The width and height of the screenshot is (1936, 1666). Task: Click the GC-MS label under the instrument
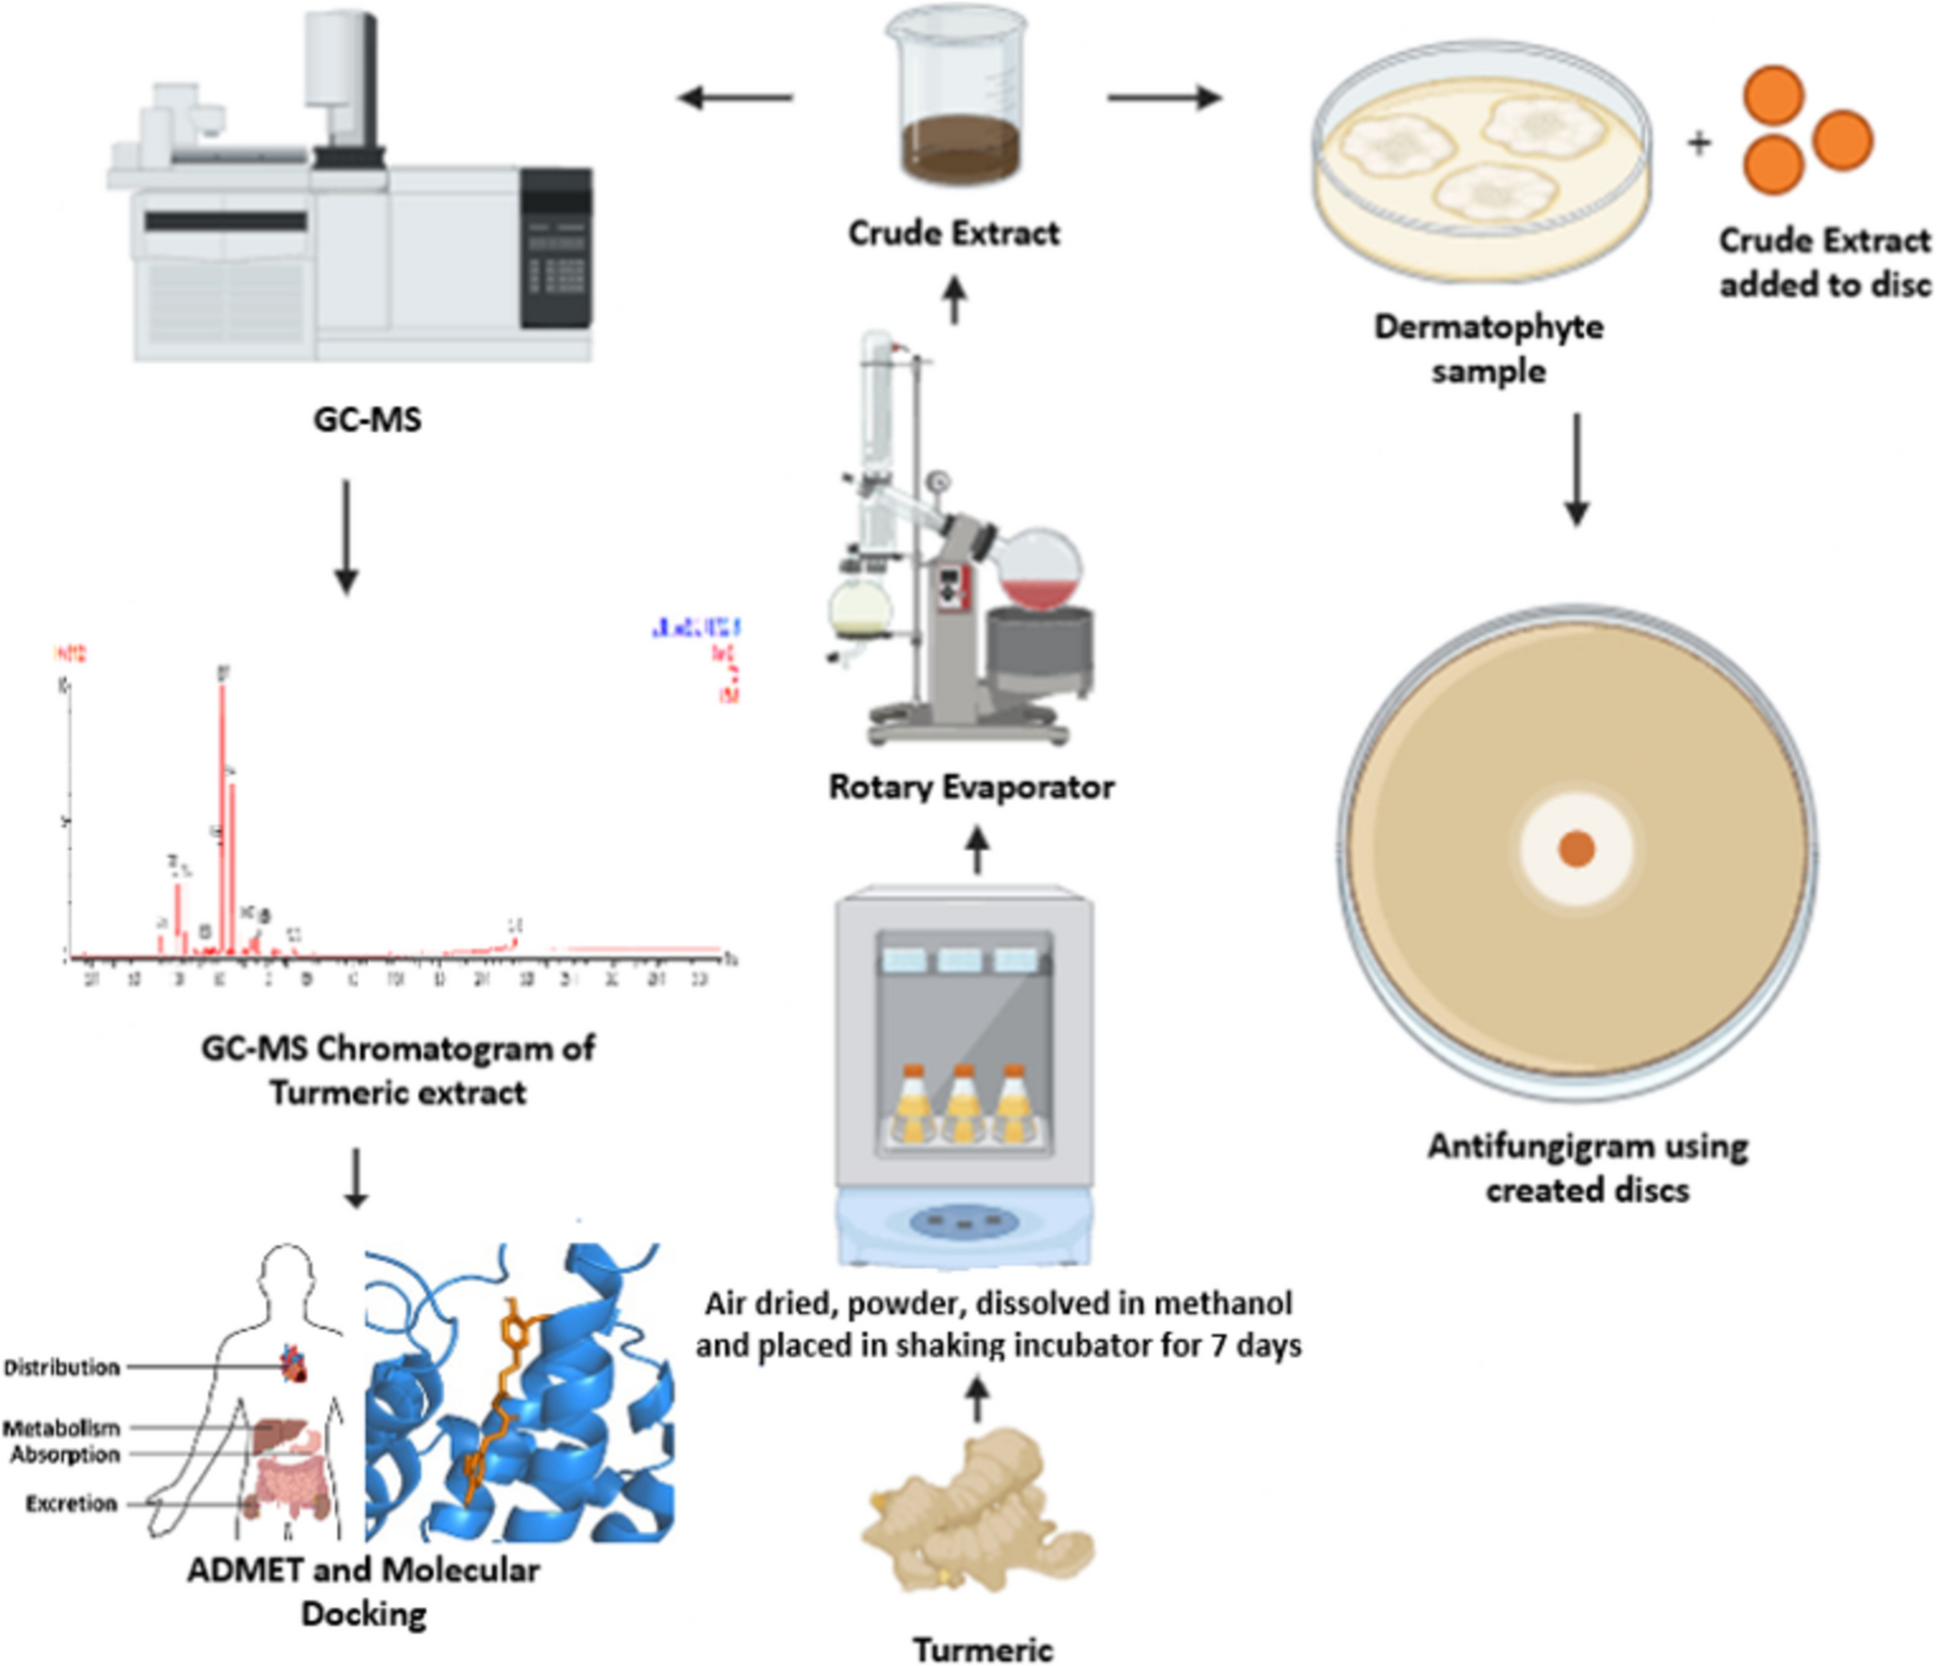coord(367,419)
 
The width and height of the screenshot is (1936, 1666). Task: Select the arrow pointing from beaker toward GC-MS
coord(734,97)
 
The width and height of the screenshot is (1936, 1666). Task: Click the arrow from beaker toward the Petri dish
coord(1164,97)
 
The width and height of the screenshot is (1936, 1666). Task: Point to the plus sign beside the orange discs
coord(1698,143)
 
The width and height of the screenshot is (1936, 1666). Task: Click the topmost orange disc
coord(1773,95)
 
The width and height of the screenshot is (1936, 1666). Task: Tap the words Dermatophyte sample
coord(1488,349)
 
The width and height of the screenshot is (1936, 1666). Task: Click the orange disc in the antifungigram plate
coord(1576,849)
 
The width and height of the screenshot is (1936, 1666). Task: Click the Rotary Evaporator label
coord(971,787)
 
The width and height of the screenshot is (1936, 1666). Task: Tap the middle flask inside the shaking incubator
coord(962,1103)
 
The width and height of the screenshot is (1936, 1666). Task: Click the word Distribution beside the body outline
coord(62,1368)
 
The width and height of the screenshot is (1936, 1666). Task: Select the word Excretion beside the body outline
coord(71,1504)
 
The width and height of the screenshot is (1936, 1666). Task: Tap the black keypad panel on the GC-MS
coord(556,249)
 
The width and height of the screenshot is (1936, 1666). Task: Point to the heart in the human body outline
coord(294,1365)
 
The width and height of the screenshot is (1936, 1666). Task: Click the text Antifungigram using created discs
coord(1587,1168)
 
